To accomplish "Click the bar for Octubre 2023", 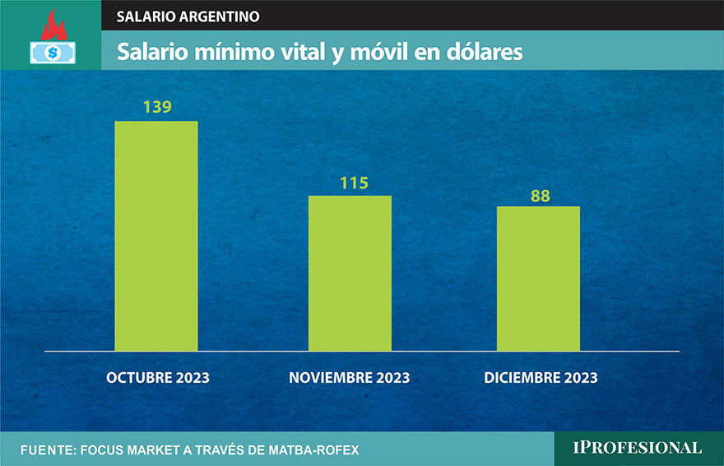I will (x=156, y=236).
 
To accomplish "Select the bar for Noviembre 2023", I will (x=350, y=273).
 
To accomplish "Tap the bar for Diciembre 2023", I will (x=538, y=278).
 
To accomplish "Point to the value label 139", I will (x=156, y=108).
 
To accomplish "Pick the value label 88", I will (x=540, y=196).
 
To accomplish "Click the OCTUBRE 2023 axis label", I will (x=158, y=378).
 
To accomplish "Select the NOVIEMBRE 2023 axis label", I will (x=349, y=378).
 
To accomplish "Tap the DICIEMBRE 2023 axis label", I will (x=541, y=378).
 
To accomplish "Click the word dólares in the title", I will (x=485, y=52).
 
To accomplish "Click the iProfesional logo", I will (x=638, y=448).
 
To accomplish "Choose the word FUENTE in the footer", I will (x=46, y=450).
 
